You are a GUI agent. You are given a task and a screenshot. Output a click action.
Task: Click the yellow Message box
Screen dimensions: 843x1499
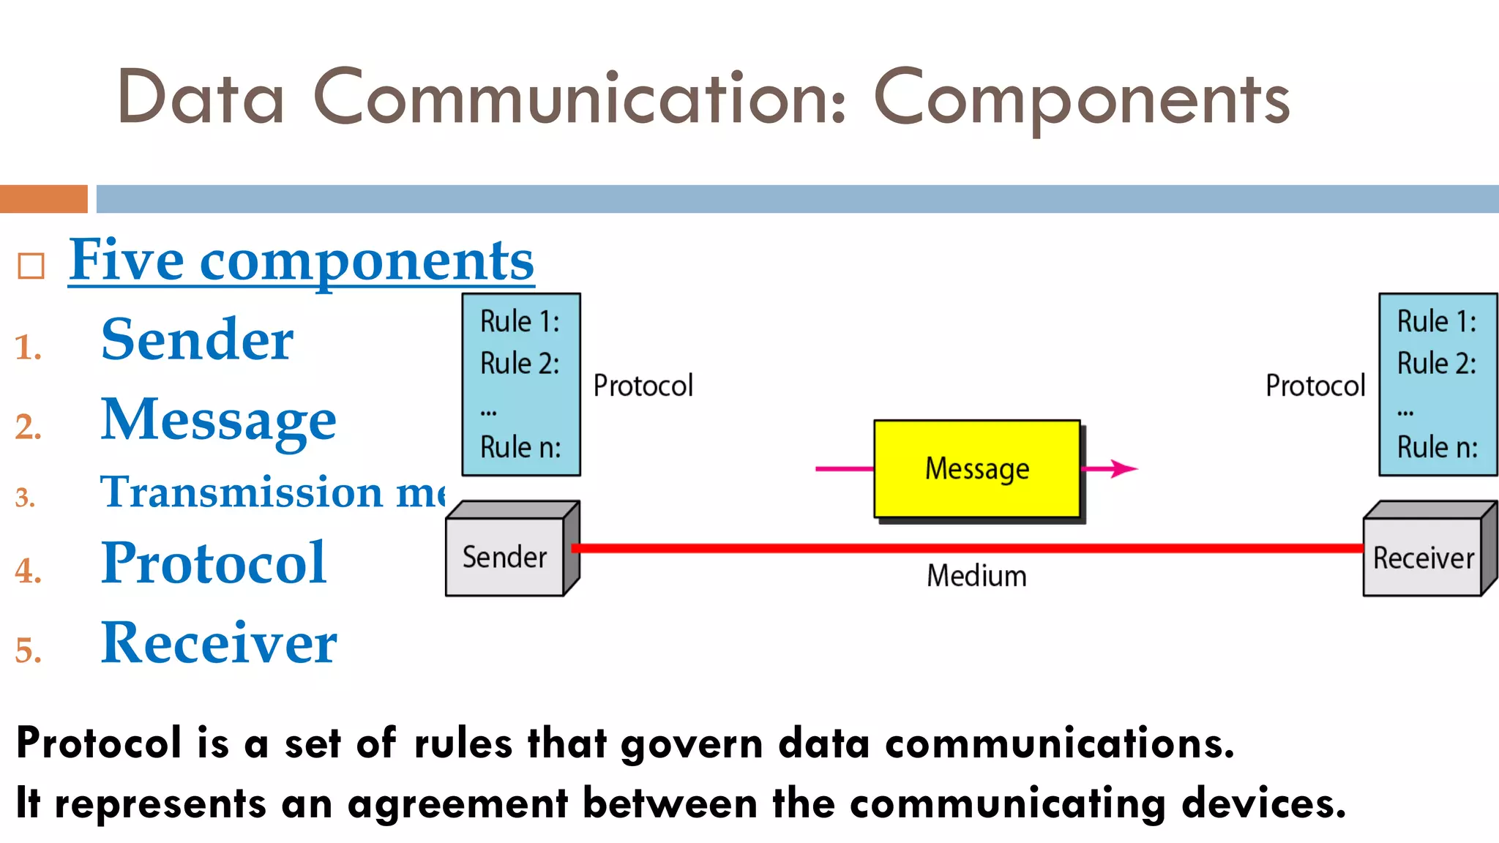pyautogui.click(x=976, y=469)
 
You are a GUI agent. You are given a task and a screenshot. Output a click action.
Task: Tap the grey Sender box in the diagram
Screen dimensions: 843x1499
pyautogui.click(x=504, y=557)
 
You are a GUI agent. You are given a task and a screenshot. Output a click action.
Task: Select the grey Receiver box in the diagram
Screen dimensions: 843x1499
pyautogui.click(x=1423, y=558)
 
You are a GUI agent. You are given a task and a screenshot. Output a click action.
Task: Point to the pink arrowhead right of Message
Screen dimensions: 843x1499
pyautogui.click(x=1123, y=468)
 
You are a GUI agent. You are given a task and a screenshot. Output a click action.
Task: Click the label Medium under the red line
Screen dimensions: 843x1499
pyautogui.click(x=976, y=576)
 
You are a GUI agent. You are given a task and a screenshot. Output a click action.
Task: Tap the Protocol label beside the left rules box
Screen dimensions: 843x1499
pyautogui.click(x=643, y=386)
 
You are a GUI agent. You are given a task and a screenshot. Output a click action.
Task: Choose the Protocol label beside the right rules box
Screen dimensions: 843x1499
pyautogui.click(x=1315, y=386)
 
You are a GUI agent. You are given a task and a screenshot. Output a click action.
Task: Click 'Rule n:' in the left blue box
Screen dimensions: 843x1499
pyautogui.click(x=520, y=447)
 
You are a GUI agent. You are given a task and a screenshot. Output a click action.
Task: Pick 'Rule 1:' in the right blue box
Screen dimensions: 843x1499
pyautogui.click(x=1436, y=321)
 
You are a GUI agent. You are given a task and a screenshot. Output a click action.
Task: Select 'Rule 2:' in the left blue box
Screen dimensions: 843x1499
pyautogui.click(x=520, y=363)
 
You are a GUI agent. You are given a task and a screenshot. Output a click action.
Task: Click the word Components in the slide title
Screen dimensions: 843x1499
pyautogui.click(x=1081, y=100)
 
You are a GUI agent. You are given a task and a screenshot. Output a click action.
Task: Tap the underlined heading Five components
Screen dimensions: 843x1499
pyautogui.click(x=301, y=261)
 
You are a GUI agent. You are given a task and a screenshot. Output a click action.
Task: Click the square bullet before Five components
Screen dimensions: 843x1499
pyautogui.click(x=31, y=266)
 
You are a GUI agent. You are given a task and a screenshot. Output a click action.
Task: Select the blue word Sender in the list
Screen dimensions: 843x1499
pyautogui.click(x=197, y=340)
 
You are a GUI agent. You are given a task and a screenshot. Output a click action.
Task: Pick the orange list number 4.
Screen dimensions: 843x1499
pyautogui.click(x=27, y=571)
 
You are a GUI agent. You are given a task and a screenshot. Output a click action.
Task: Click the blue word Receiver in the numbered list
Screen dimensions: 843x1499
pyautogui.click(x=218, y=643)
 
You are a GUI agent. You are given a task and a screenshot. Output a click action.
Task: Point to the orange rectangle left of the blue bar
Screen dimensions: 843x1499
pyautogui.click(x=43, y=199)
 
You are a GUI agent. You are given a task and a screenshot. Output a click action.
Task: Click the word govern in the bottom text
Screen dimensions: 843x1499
pyautogui.click(x=692, y=744)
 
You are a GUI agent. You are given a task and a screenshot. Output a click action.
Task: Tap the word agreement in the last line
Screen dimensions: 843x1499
pyautogui.click(x=457, y=803)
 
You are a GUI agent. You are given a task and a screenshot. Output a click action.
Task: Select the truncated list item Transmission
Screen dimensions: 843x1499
pyautogui.click(x=242, y=492)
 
